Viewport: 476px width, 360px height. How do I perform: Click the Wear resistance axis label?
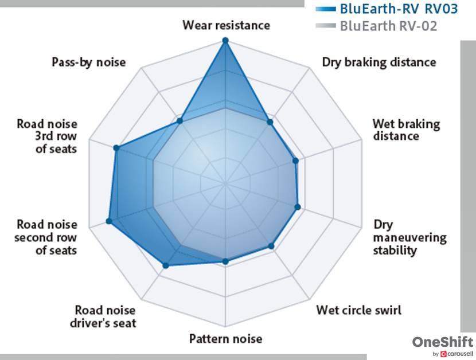click(x=226, y=25)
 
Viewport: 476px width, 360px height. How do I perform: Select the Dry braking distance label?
click(x=379, y=62)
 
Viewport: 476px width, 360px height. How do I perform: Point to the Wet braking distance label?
click(x=406, y=130)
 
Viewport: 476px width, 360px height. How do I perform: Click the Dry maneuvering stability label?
click(x=409, y=237)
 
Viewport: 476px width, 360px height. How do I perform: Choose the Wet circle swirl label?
click(x=359, y=310)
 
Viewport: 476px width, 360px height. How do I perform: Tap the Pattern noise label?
click(x=226, y=338)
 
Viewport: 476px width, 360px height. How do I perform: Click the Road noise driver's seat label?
click(x=106, y=316)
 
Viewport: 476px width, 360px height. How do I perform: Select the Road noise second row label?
click(x=47, y=237)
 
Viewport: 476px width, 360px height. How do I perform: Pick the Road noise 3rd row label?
click(x=47, y=136)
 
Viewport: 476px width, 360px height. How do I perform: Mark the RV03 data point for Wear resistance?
click(x=225, y=41)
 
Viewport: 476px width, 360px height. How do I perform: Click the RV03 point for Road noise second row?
click(x=109, y=221)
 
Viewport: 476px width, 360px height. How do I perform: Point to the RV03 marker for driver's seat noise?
click(x=166, y=265)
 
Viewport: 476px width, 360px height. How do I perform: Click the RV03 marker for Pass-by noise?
click(x=180, y=120)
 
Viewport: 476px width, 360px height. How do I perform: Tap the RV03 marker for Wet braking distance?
click(x=296, y=161)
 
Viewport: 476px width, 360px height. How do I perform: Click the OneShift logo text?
click(x=443, y=342)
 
